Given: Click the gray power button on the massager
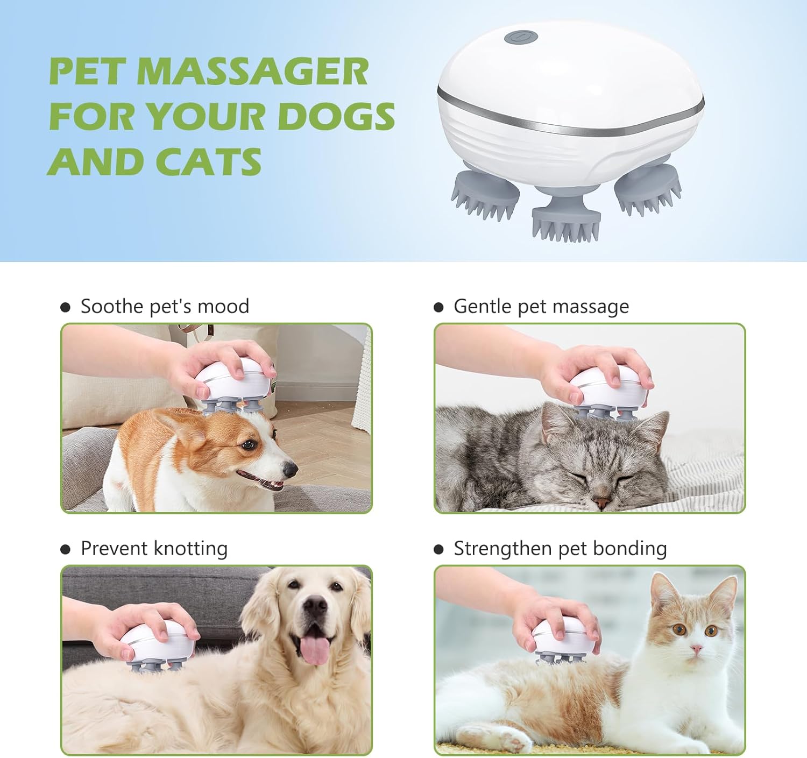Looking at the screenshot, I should (x=521, y=38).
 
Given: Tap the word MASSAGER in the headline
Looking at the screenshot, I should (x=252, y=72).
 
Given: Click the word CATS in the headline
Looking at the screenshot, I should (x=208, y=161).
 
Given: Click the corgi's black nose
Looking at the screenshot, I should (x=290, y=470).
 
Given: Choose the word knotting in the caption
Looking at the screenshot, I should (x=190, y=548).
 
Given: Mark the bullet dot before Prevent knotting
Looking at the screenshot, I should (x=66, y=549).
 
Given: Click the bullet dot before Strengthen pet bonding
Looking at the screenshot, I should (x=438, y=549).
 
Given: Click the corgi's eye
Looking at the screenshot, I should (x=248, y=445).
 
